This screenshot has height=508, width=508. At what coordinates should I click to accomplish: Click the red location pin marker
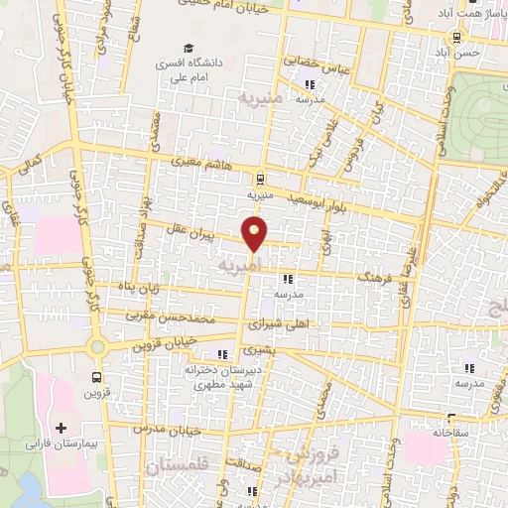pyautogui.click(x=255, y=234)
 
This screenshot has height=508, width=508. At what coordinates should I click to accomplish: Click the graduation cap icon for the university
pyautogui.click(x=187, y=48)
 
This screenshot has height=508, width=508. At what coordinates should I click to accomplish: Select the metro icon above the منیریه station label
pyautogui.click(x=260, y=180)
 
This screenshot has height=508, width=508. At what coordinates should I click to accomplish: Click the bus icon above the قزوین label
pyautogui.click(x=96, y=377)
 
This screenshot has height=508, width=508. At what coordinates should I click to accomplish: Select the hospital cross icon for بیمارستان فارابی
pyautogui.click(x=63, y=428)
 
